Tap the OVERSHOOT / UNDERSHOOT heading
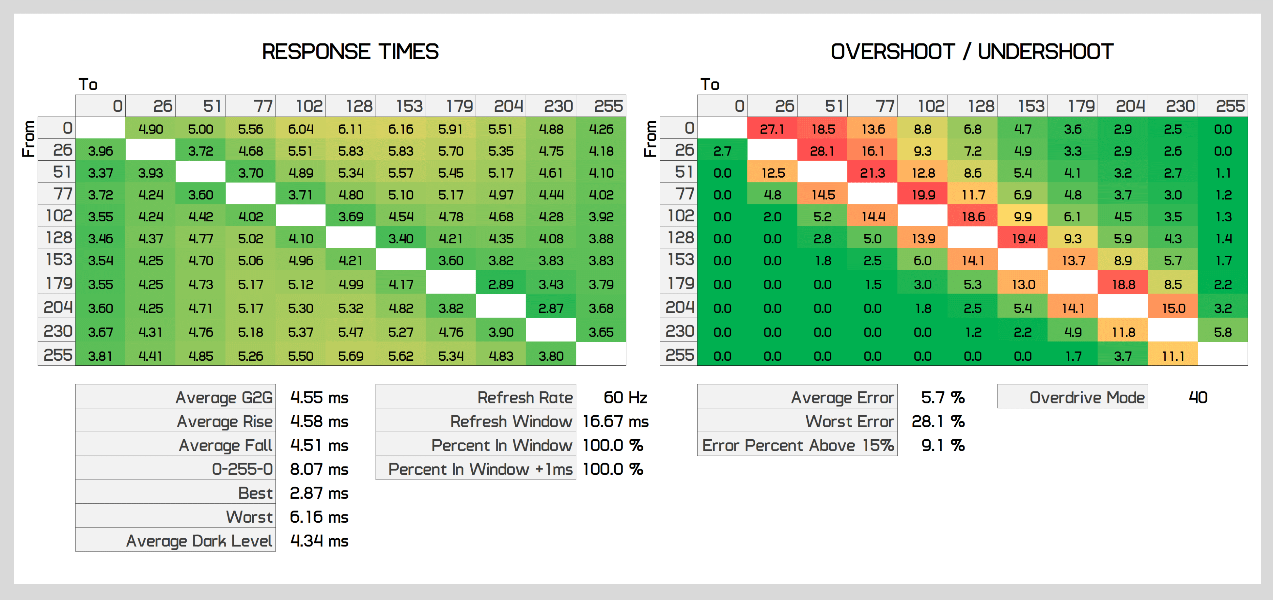(x=972, y=52)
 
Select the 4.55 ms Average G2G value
(x=319, y=397)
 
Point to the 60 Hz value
(x=624, y=397)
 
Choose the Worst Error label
(x=849, y=421)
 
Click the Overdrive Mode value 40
(x=1197, y=397)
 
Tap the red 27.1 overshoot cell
(x=771, y=129)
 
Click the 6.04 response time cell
(x=300, y=129)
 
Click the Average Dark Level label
(x=199, y=541)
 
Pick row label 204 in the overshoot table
(x=679, y=308)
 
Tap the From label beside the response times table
(x=29, y=139)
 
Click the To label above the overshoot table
(x=709, y=85)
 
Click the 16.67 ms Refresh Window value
(x=615, y=421)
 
